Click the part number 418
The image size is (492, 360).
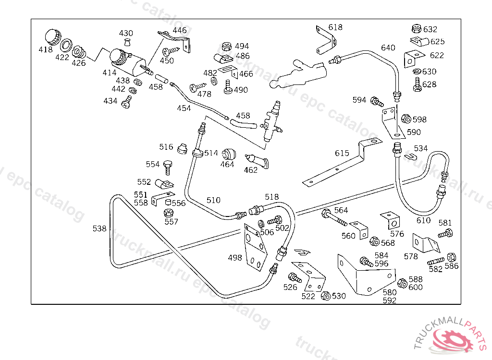pos(45,49)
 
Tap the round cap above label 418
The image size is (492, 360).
pos(51,36)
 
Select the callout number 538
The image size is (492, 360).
pos(99,229)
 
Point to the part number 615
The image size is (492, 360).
pos(342,153)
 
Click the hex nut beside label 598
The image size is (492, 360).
pos(406,119)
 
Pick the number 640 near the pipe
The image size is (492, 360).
pos(388,48)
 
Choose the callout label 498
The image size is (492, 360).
pos(235,258)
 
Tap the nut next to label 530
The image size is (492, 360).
pos(325,296)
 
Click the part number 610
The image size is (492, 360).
pos(423,220)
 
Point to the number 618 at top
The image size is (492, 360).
pos(335,27)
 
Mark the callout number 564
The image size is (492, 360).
pos(341,210)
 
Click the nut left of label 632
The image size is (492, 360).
pos(417,29)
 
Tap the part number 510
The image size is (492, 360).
pos(213,200)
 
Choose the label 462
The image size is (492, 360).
pos(250,169)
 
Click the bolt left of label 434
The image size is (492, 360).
pos(127,102)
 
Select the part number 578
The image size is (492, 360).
pos(411,257)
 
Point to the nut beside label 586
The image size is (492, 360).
pos(451,257)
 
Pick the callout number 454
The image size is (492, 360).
pos(184,108)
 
